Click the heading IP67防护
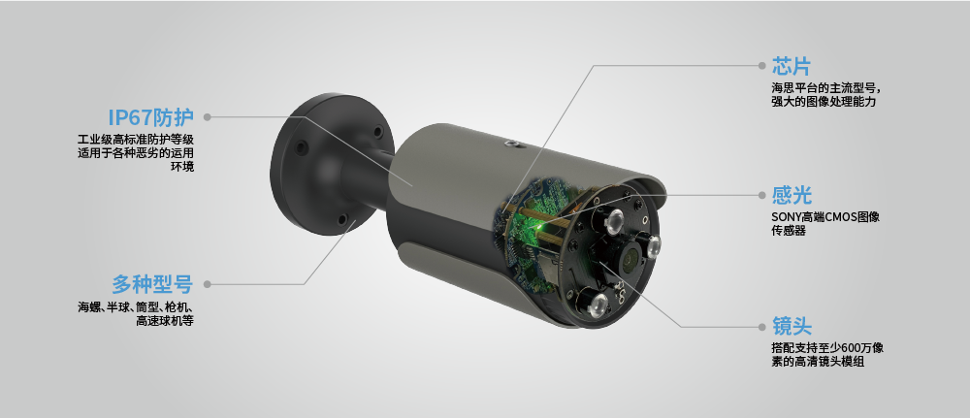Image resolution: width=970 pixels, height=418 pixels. point(151,116)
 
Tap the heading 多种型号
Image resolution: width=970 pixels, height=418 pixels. point(152,284)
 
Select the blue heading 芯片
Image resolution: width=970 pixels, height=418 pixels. point(792,66)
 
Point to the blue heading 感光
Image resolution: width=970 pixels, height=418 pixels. point(792,195)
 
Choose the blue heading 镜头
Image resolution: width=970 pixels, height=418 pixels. point(792,327)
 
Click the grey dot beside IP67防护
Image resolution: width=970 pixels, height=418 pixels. point(208,116)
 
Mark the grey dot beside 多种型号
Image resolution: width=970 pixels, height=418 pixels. point(208,284)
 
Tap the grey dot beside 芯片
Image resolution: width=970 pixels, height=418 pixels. point(762,66)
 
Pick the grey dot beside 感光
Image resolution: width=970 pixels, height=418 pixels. point(762,195)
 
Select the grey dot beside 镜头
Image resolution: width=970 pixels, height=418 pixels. point(762,327)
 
